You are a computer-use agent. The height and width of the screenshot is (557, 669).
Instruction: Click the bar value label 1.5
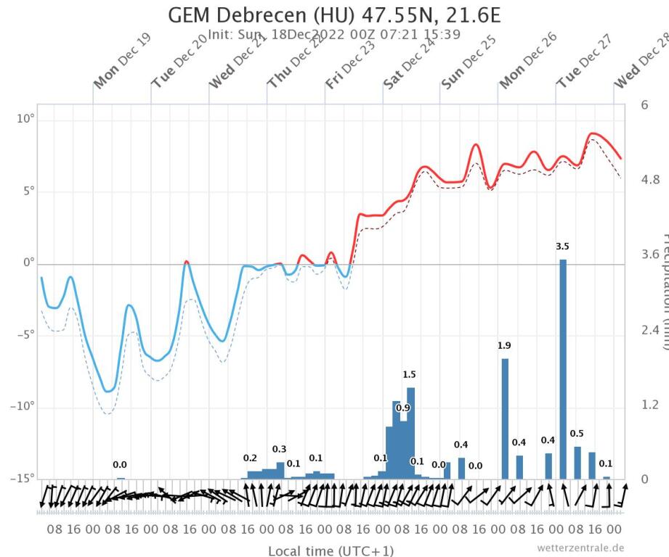coord(409,375)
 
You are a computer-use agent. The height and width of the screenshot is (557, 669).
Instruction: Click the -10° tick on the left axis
coord(24,406)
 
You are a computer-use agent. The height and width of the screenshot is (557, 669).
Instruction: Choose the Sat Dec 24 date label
coord(408,70)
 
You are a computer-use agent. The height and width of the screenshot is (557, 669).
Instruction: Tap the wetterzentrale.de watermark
coord(580,548)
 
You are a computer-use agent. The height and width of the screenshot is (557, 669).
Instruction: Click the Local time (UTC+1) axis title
coord(331,550)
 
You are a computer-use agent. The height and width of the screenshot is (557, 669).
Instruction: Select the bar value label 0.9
coord(402,408)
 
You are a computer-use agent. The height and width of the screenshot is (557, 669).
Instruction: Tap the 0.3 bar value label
coord(280,450)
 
